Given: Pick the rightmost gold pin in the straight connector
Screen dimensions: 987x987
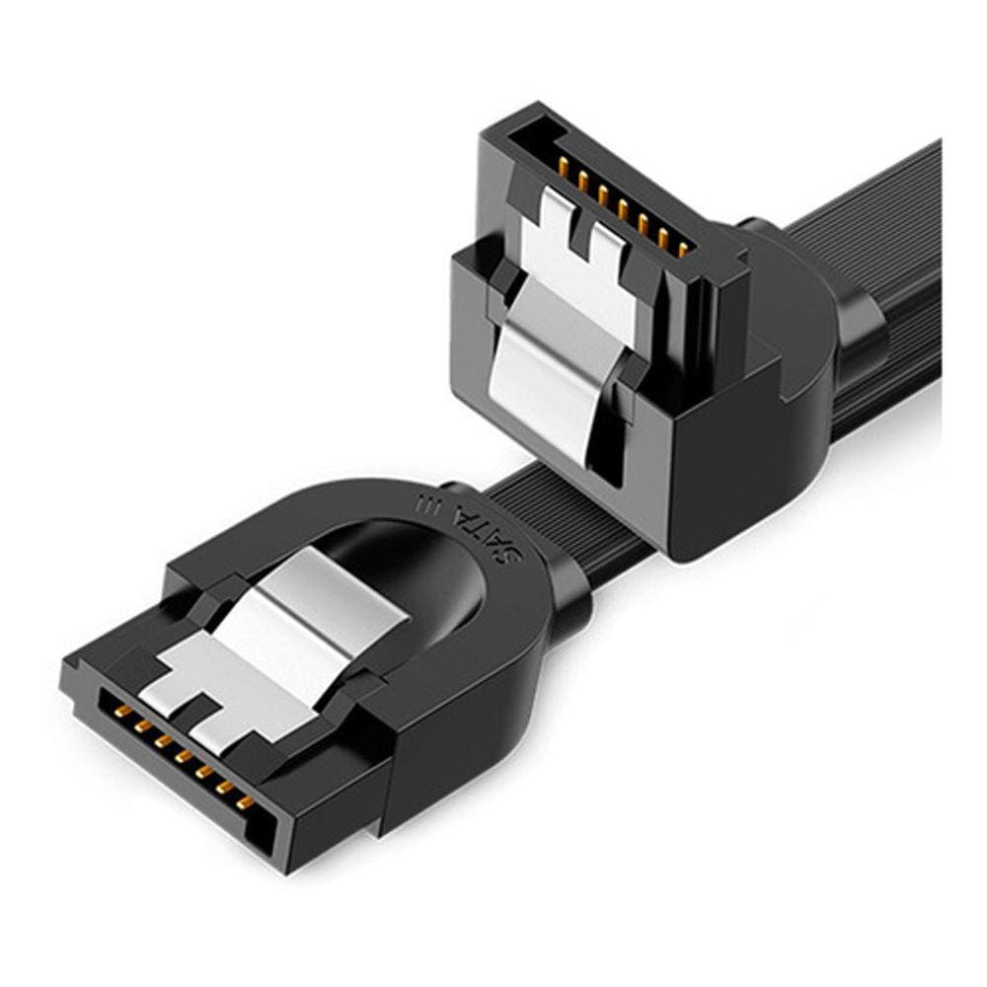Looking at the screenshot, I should coord(245,801).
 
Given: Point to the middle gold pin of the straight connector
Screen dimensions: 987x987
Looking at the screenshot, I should coord(182,756).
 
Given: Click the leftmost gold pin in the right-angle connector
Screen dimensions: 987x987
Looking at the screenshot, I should coord(562,163).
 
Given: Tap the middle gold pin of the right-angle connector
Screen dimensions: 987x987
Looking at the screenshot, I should coord(622,207).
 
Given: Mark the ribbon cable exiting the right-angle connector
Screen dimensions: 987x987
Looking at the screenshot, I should coord(888,247).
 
